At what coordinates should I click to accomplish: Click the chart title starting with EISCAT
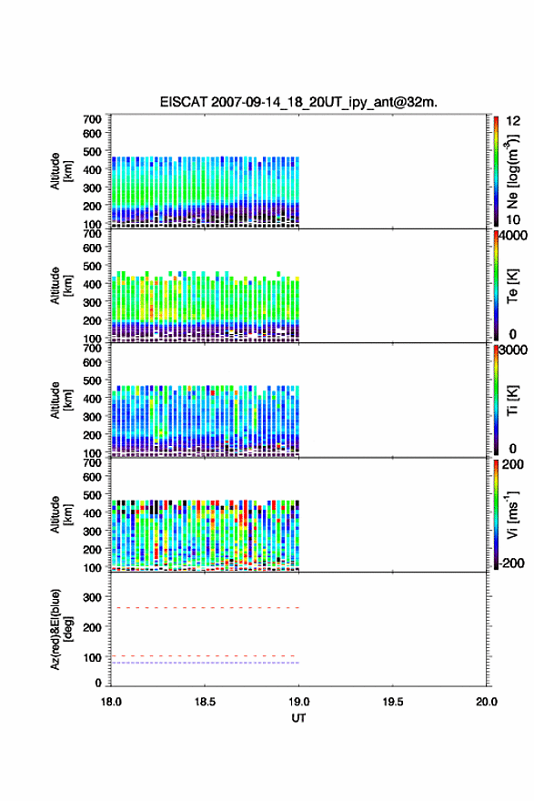tap(298, 102)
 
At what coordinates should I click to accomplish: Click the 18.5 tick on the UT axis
tap(205, 702)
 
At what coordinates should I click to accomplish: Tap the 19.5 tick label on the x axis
tap(393, 702)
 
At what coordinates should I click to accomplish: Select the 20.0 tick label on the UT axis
tap(487, 702)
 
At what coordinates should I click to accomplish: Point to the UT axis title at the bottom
tap(298, 718)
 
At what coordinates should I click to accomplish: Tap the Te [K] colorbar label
tap(512, 286)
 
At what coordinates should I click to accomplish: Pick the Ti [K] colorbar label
tap(512, 400)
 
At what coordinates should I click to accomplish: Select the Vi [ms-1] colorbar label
tap(512, 514)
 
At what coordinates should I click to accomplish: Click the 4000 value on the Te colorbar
tap(513, 236)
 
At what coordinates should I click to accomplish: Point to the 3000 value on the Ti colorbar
tap(513, 350)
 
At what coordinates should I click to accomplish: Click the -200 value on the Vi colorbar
tap(510, 563)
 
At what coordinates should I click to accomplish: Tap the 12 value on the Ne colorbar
tap(513, 121)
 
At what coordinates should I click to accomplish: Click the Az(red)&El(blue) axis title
tap(61, 629)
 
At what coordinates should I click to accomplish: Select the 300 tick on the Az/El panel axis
tap(93, 597)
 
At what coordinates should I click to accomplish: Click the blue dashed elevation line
tap(205, 663)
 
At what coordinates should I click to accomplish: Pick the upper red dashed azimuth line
tap(205, 608)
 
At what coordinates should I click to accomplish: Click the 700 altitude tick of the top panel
tap(93, 119)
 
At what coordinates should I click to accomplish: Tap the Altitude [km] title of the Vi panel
tap(61, 514)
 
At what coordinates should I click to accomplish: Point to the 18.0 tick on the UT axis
tap(111, 702)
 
